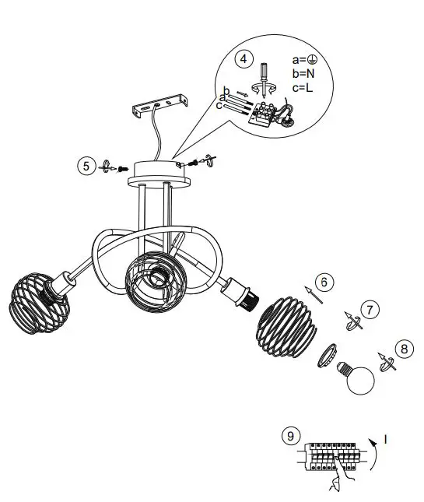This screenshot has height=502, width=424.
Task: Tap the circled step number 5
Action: [x=86, y=165]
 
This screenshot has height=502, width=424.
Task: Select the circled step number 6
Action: [x=325, y=282]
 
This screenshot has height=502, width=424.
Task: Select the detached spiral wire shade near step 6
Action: [x=283, y=323]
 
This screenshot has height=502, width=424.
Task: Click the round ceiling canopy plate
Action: [x=164, y=170]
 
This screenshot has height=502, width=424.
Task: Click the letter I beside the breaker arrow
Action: [x=385, y=441]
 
